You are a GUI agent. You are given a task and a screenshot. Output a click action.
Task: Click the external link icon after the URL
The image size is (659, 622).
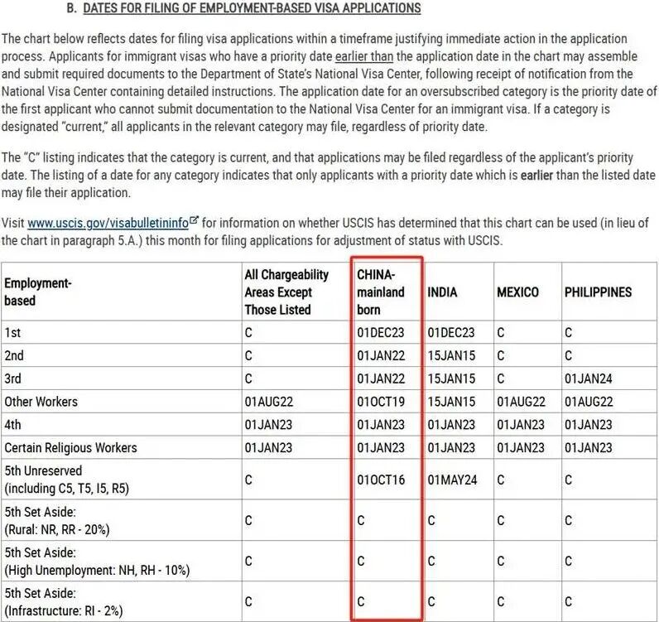pos(195,221)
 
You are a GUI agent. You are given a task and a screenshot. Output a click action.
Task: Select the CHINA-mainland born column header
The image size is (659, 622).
pos(381,292)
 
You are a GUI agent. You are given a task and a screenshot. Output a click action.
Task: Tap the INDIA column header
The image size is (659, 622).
pos(442,292)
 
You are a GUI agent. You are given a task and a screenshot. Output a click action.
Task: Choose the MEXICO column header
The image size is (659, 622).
pos(517,292)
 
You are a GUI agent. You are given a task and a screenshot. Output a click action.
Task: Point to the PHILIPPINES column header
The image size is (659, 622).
pos(598,292)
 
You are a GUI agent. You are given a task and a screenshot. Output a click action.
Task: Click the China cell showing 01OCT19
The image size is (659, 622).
pos(381,402)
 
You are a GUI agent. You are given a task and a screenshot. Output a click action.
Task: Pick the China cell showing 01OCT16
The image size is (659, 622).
pos(381,480)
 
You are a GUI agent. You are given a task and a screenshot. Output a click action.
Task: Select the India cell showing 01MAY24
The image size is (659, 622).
pos(451,480)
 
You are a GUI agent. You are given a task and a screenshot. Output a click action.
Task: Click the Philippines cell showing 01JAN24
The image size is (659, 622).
pos(589,379)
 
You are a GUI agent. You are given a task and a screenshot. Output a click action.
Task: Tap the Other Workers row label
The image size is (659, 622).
pos(41,402)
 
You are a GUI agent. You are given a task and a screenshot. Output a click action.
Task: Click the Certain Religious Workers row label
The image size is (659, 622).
pos(70,448)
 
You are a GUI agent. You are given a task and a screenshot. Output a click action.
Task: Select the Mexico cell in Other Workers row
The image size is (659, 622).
pos(521,402)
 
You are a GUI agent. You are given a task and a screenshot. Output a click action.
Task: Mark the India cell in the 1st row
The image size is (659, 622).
pos(451,332)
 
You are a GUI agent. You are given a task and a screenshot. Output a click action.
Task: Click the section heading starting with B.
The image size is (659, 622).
pos(243,9)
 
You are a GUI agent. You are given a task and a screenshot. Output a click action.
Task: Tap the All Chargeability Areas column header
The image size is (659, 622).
pos(286,292)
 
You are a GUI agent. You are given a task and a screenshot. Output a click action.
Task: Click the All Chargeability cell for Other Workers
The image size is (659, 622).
pos(268,402)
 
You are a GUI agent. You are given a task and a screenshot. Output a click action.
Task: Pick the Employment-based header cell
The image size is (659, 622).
pos(38,292)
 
